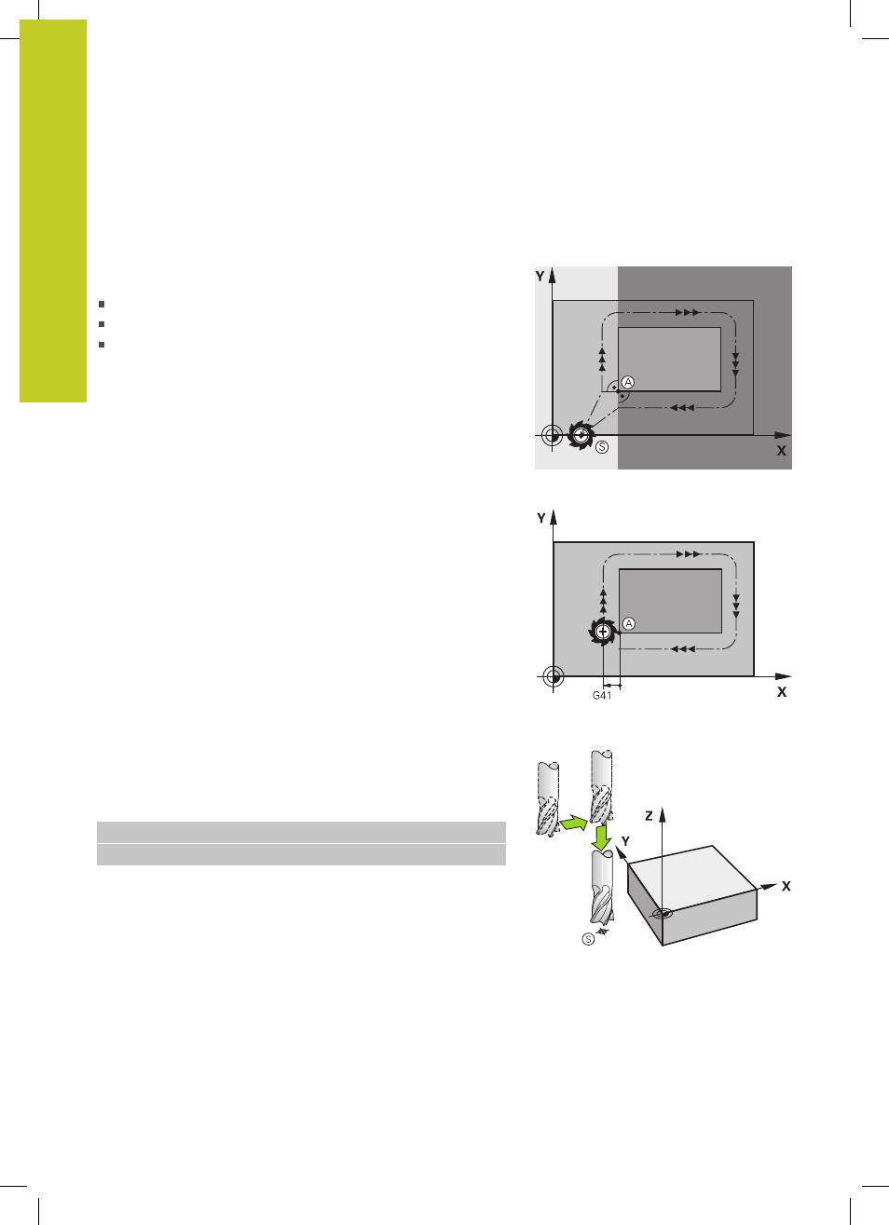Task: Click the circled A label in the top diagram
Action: [x=628, y=382]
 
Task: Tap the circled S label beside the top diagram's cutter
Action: [x=602, y=447]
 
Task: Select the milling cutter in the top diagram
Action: [x=581, y=435]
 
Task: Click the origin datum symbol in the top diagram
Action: [x=553, y=436]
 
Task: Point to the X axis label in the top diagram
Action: [x=781, y=451]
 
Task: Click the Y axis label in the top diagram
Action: [x=540, y=276]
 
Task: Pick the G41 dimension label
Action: [x=602, y=695]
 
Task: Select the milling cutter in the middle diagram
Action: [x=603, y=632]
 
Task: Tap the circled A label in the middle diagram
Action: [x=629, y=623]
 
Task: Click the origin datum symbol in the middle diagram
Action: [x=554, y=677]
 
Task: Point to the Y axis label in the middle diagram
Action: [x=541, y=518]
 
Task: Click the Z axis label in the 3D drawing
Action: [x=649, y=816]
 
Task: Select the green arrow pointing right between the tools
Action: [x=573, y=823]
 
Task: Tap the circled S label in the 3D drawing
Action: [x=588, y=940]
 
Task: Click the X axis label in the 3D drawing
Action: [x=786, y=886]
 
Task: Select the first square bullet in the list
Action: [x=102, y=304]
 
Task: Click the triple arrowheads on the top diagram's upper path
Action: [x=688, y=313]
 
